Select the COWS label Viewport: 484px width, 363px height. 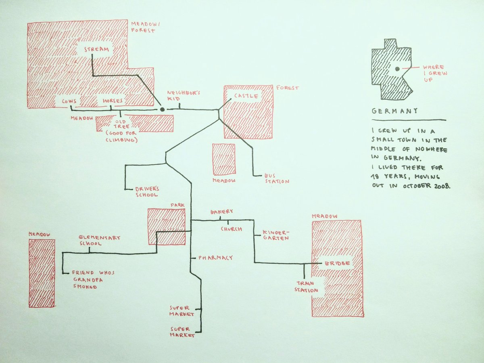coord(69,101)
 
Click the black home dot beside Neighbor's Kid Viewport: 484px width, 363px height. coord(162,109)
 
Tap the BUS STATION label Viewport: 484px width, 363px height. coord(277,178)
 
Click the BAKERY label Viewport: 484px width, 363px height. coord(221,212)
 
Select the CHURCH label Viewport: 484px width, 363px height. coord(232,229)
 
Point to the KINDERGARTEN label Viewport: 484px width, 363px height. coord(276,235)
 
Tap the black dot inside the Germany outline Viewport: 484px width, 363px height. coord(397,69)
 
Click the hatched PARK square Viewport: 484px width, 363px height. coord(167,226)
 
